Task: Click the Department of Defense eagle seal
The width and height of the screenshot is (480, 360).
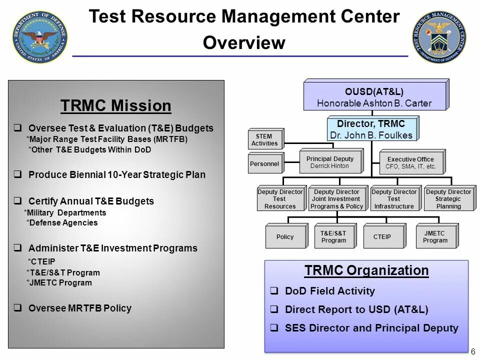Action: (40, 38)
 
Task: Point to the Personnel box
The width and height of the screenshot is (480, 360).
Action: (264, 163)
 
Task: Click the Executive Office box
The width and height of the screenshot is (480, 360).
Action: (410, 163)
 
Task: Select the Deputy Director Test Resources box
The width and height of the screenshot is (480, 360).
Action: (280, 199)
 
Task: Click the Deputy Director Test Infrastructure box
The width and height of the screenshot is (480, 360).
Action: (394, 199)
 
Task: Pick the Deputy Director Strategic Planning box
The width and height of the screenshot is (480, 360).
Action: (448, 199)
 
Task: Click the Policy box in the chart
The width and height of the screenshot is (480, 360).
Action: (284, 236)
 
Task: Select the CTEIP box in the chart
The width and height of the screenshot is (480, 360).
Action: (382, 236)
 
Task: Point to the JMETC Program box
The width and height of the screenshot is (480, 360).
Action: (435, 236)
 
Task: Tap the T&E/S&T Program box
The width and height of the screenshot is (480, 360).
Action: (333, 236)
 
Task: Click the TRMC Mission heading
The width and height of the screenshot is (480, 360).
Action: (115, 106)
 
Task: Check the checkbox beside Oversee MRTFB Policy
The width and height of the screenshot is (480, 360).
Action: (17, 308)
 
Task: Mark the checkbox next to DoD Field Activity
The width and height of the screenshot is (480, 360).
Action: (274, 291)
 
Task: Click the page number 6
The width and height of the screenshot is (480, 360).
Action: (472, 351)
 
